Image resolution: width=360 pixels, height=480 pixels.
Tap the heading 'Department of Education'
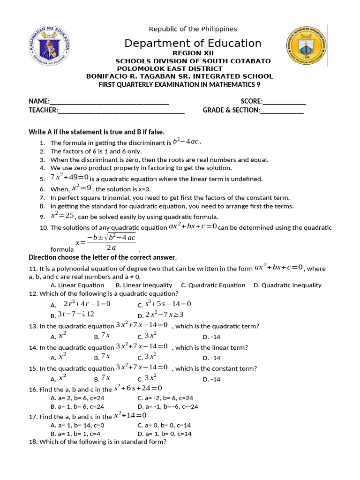pos(193,44)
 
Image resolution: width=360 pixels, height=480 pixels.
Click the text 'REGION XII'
pos(193,53)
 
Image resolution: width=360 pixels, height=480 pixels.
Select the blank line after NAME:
pos(109,101)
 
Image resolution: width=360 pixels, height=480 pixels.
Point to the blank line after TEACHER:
pos(121,110)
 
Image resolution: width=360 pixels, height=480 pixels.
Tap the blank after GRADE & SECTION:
pos(282,110)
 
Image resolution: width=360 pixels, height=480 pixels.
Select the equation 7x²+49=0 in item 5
pos(69,178)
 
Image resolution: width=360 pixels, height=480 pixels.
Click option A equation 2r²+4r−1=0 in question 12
pos(87,304)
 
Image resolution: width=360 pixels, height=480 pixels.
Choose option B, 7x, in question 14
pos(102,358)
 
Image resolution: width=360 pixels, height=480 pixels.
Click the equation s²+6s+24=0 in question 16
pos(138,388)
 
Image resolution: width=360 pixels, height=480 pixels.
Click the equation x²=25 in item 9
pos(62,216)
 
